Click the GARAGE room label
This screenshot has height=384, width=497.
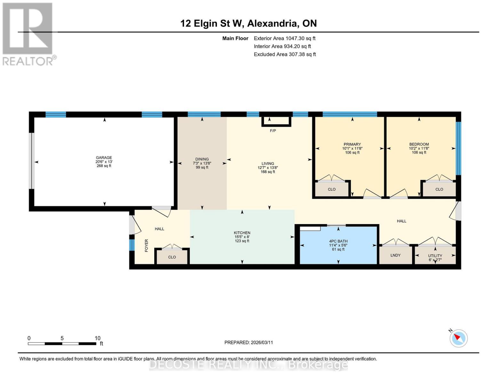click(x=104, y=157)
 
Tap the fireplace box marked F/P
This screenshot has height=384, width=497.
click(x=276, y=122)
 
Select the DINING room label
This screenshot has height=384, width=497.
click(x=202, y=159)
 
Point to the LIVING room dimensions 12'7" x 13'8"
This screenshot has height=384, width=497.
click(x=268, y=168)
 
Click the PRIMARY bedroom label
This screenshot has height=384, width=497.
click(x=352, y=144)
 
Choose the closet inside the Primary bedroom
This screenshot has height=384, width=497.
click(x=332, y=189)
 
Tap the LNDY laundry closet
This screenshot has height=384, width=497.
click(x=396, y=255)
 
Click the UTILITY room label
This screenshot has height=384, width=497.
click(x=435, y=256)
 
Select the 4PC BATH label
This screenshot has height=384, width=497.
click(x=338, y=241)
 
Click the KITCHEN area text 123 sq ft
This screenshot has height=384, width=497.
click(x=242, y=241)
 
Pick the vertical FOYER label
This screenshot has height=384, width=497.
click(x=147, y=245)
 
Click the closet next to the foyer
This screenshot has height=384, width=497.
click(x=172, y=257)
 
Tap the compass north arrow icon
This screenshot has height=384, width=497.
click(x=458, y=338)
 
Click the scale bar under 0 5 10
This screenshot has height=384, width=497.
click(x=62, y=344)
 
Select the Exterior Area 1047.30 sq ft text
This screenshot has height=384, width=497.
click(x=285, y=38)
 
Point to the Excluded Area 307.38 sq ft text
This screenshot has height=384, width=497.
click(x=285, y=54)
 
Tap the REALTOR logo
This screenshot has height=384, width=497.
click(x=28, y=34)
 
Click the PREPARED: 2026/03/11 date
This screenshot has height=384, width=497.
click(x=248, y=342)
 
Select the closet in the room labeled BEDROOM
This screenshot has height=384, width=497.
click(x=439, y=189)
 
